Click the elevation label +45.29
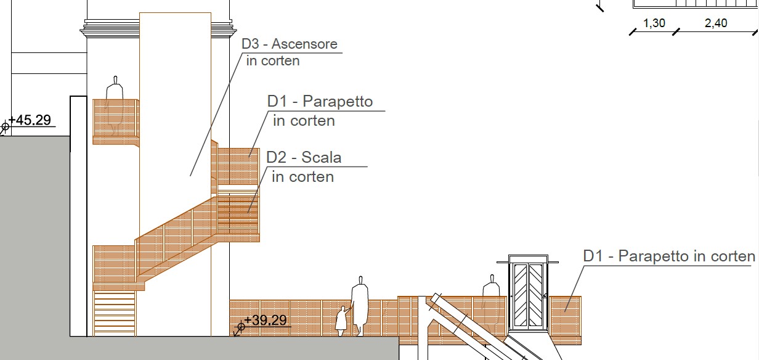pyautogui.click(x=30, y=120)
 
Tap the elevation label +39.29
pyautogui.click(x=266, y=320)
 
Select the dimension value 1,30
pyautogui.click(x=654, y=23)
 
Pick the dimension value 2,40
pyautogui.click(x=716, y=23)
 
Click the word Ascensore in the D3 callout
pyautogui.click(x=304, y=44)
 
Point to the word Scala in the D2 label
pyautogui.click(x=321, y=157)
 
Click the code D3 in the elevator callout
pyautogui.click(x=250, y=44)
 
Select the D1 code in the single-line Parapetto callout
pyautogui.click(x=593, y=256)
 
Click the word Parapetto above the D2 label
pyautogui.click(x=338, y=101)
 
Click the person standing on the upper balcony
pyautogui.click(x=115, y=105)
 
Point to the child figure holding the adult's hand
pyautogui.click(x=341, y=321)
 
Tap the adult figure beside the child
pyautogui.click(x=360, y=306)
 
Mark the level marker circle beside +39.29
pyautogui.click(x=241, y=327)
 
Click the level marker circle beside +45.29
pyautogui.click(x=5, y=127)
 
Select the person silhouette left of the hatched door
pyautogui.click(x=491, y=303)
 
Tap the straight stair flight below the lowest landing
pyautogui.click(x=114, y=313)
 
